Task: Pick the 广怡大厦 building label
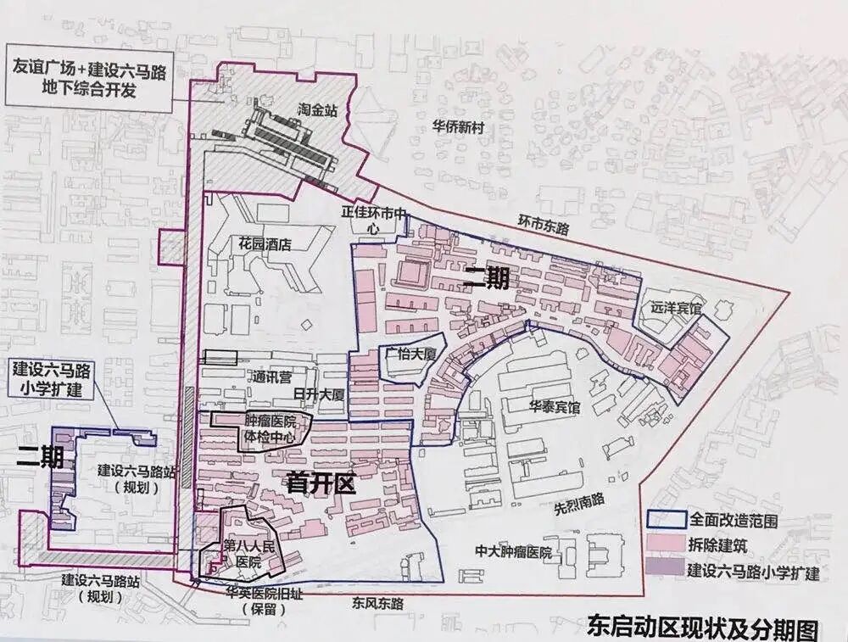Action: [x=410, y=354]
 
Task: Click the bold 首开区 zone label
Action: [x=319, y=483]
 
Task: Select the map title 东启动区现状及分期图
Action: [x=702, y=628]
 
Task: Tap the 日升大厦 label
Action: [x=318, y=395]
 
